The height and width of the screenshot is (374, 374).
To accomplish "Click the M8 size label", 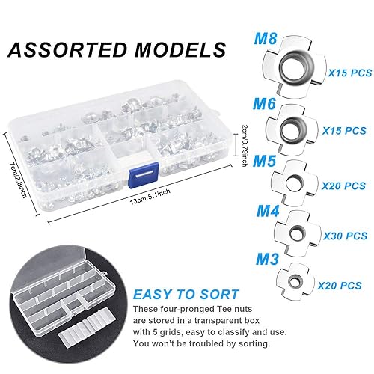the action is tap(266, 39).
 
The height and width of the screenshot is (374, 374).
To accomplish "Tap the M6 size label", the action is tap(264, 104).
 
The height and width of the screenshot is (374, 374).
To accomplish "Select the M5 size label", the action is tap(264, 161).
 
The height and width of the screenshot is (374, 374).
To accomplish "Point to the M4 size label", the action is tap(268, 211).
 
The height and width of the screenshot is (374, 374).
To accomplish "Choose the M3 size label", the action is tap(267, 259).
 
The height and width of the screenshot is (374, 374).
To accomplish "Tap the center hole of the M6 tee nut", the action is tap(292, 129).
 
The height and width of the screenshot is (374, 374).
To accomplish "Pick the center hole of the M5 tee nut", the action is tap(294, 183).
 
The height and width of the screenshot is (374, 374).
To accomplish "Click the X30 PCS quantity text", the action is tap(345, 236).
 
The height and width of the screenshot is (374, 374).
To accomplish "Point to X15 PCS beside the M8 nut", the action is tap(350, 73).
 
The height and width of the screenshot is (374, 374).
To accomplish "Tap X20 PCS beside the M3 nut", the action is tap(340, 286).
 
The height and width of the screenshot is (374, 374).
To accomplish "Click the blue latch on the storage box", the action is tap(143, 175).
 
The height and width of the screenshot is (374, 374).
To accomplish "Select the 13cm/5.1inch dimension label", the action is tap(150, 197).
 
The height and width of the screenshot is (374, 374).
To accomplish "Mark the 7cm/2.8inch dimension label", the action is tap(18, 180).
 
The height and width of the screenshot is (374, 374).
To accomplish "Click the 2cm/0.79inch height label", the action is tap(245, 146).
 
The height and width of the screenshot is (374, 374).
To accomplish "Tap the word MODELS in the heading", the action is tap(180, 50).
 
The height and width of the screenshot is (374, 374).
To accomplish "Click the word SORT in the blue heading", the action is tap(219, 295).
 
